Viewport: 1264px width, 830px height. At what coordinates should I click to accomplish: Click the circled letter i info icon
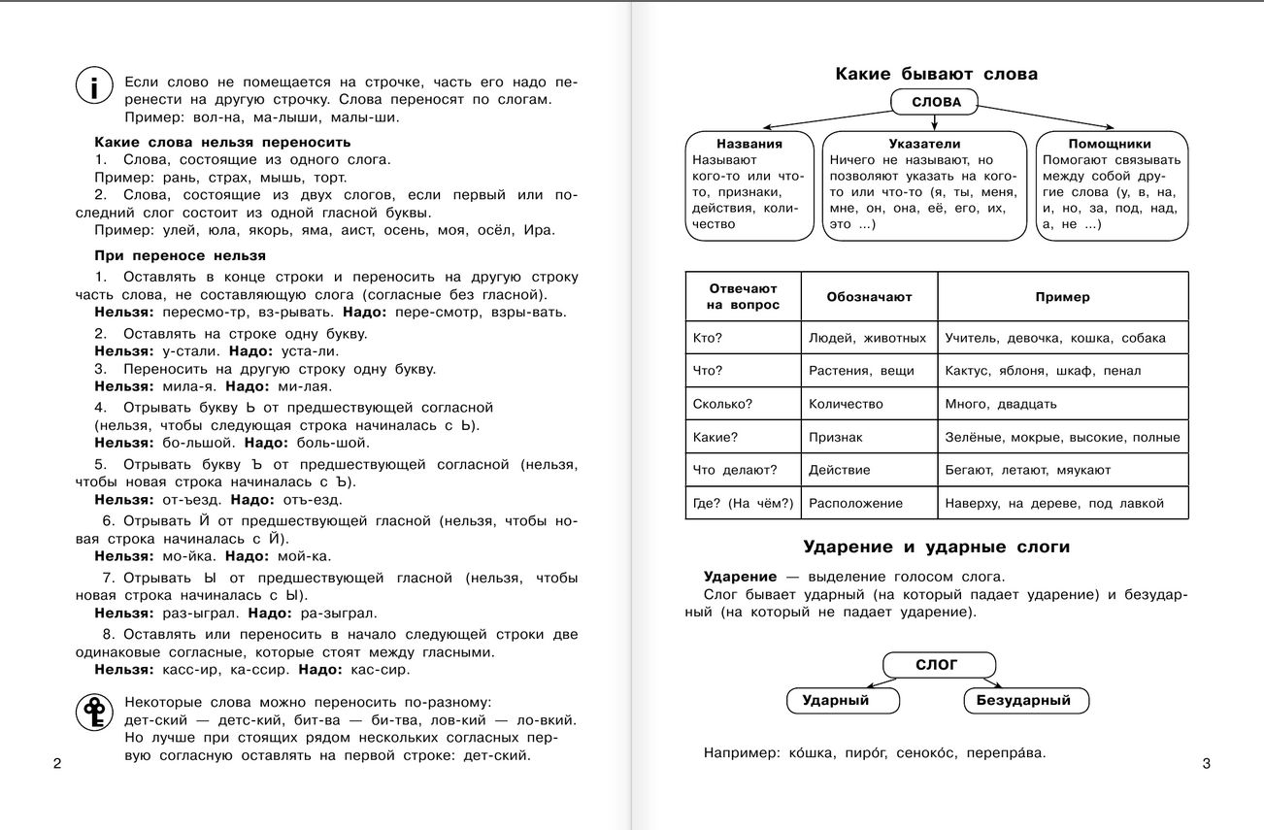[x=93, y=88]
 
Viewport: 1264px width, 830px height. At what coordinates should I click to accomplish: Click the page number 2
[x=56, y=764]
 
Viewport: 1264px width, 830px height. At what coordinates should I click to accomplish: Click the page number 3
[x=1207, y=764]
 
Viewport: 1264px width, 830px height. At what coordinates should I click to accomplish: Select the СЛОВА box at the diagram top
[x=937, y=102]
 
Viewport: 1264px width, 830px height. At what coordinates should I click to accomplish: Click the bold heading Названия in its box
[x=749, y=143]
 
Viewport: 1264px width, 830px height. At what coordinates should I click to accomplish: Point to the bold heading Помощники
[x=1112, y=143]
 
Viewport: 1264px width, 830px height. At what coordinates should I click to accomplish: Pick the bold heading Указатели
[x=924, y=143]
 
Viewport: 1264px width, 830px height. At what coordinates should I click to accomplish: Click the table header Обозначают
[x=869, y=297]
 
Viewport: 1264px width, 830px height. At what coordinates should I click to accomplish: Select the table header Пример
[x=1062, y=297]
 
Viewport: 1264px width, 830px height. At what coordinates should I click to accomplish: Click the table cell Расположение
[x=855, y=503]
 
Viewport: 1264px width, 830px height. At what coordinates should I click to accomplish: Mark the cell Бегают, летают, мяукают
[x=1028, y=470]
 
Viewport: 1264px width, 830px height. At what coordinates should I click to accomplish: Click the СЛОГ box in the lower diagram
[x=937, y=665]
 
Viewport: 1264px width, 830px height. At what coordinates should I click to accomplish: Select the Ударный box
[x=835, y=700]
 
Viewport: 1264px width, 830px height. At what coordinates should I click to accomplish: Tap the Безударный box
[x=1023, y=700]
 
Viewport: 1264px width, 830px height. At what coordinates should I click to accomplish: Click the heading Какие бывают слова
[x=937, y=74]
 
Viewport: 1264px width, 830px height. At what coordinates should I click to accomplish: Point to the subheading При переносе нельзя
[x=180, y=255]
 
